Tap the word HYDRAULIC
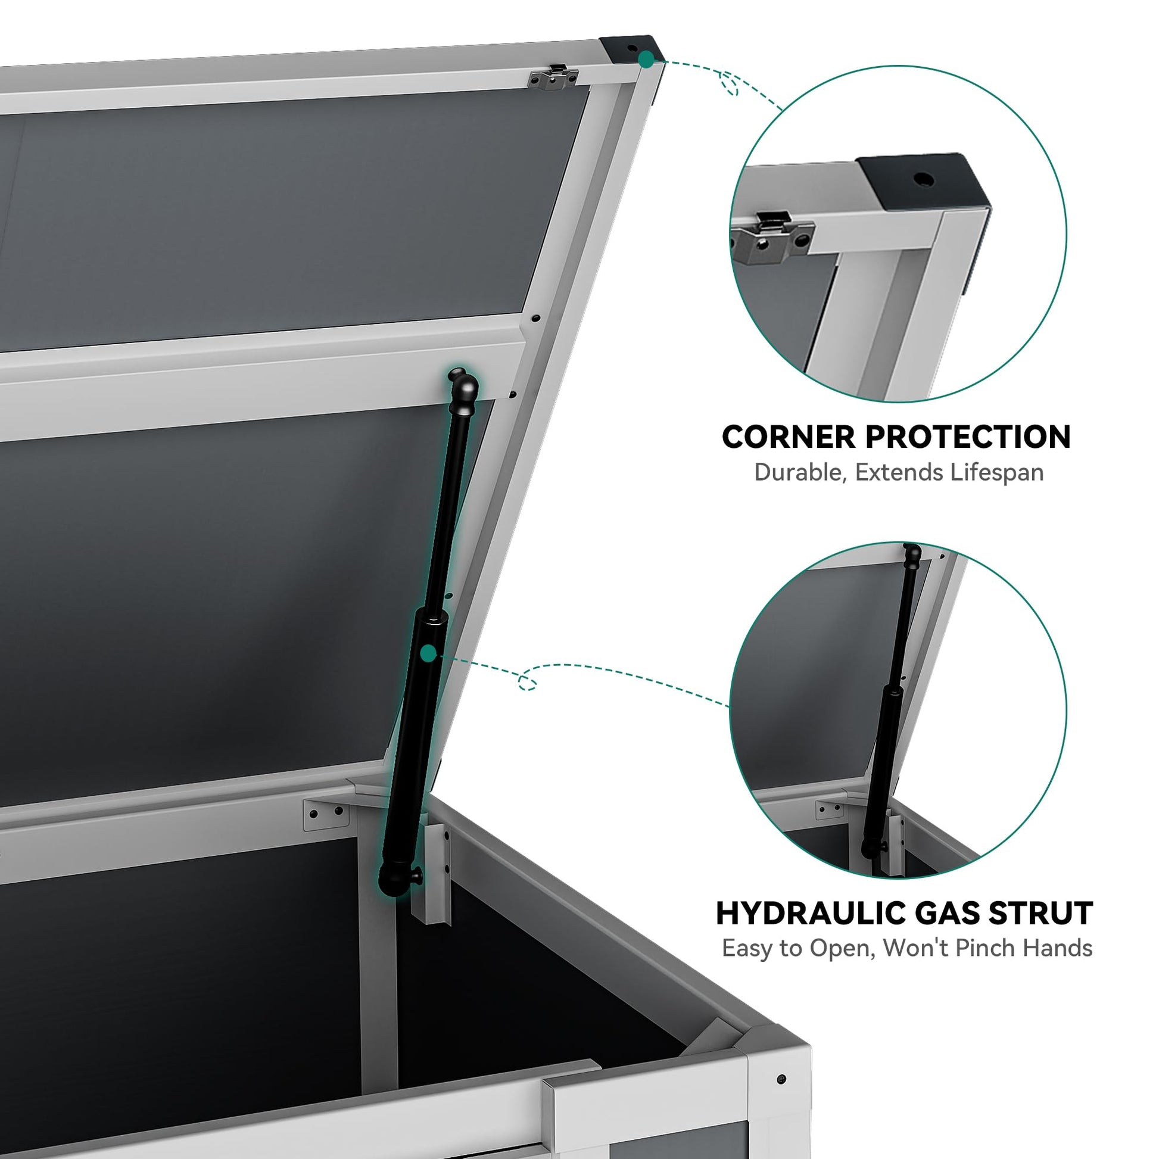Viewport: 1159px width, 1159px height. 805,914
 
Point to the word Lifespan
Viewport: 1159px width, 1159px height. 996,473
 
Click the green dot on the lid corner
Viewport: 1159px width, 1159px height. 646,59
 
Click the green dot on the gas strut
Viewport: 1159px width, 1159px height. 428,654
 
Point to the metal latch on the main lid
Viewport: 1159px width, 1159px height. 554,78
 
